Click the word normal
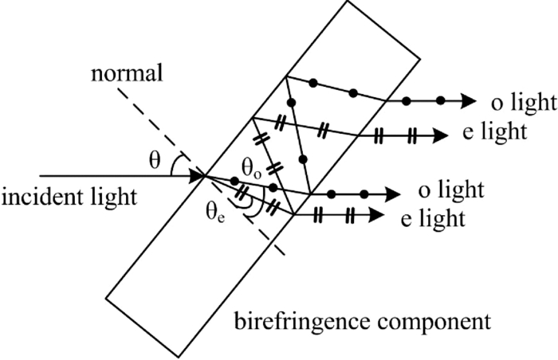(127, 76)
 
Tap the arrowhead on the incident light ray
(195, 174)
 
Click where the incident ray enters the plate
(204, 174)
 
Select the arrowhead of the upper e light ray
(441, 135)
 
